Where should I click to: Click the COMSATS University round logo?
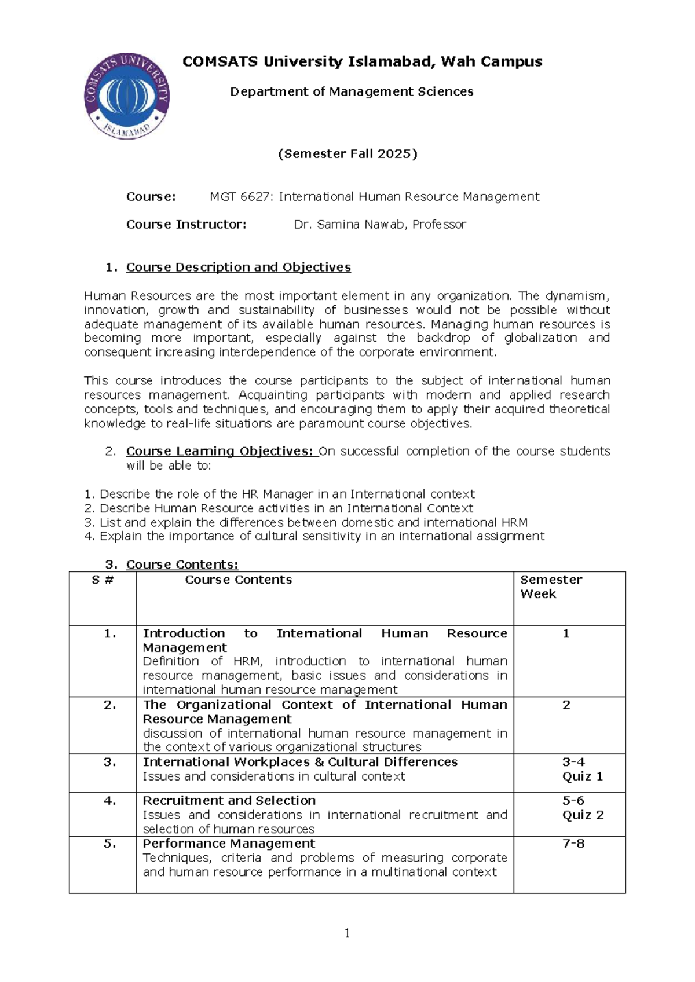127,96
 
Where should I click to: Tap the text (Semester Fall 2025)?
348,154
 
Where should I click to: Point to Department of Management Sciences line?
352,91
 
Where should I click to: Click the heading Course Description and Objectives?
238,268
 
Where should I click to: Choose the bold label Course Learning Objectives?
220,451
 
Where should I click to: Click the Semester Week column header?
551,587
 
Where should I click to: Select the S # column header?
103,580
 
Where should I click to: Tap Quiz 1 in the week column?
582,776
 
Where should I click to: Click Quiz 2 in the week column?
583,815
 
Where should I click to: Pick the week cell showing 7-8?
573,844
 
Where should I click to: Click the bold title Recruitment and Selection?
229,801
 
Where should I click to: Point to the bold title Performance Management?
229,844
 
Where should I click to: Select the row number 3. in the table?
110,762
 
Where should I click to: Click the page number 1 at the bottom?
347,933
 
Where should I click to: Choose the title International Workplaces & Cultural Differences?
300,762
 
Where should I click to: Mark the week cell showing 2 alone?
566,705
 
